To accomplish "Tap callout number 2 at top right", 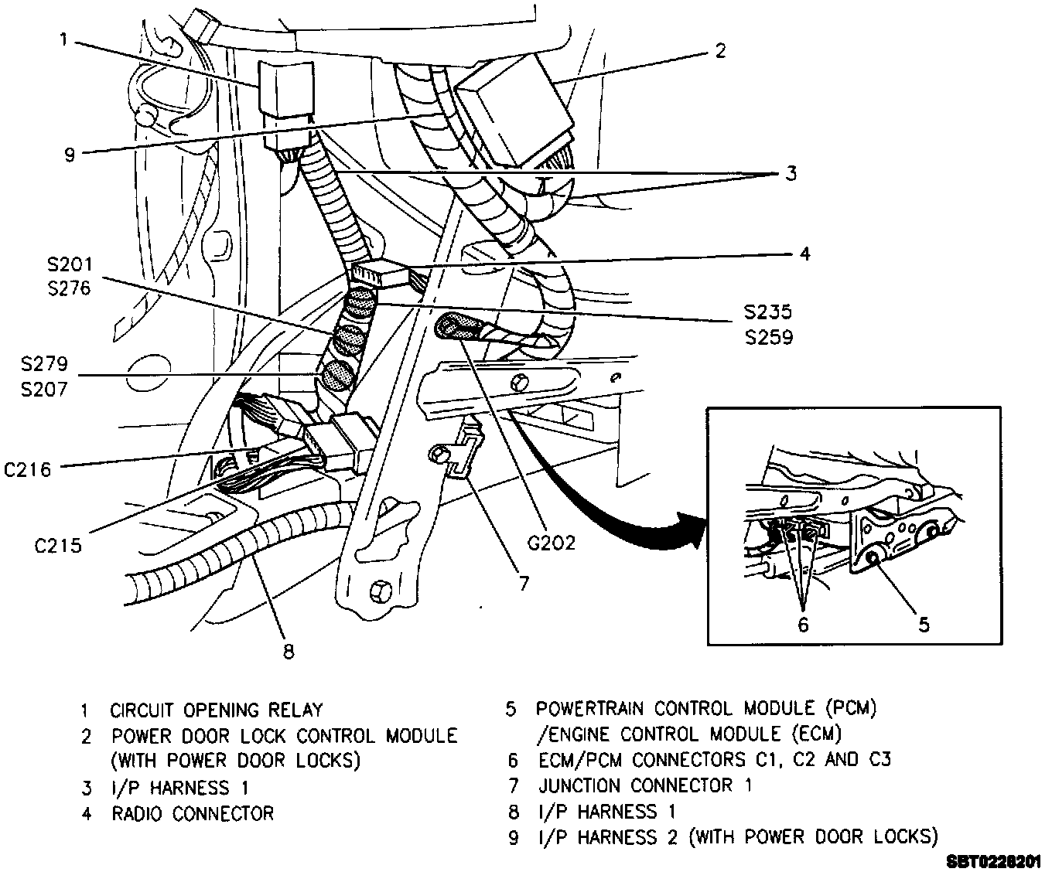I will pyautogui.click(x=720, y=51).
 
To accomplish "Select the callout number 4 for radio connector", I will pyautogui.click(x=805, y=253).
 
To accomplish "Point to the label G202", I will pyautogui.click(x=552, y=543).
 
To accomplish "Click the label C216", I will pyautogui.click(x=27, y=468).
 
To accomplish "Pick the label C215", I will pyautogui.click(x=58, y=546).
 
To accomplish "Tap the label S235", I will pyautogui.click(x=767, y=312).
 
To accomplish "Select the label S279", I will pyautogui.click(x=45, y=364).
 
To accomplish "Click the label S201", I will pyautogui.click(x=68, y=265).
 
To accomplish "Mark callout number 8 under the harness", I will pyautogui.click(x=289, y=652).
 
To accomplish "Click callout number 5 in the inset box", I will pyautogui.click(x=924, y=624).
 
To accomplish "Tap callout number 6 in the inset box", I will pyautogui.click(x=803, y=624).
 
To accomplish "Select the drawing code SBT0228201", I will pyautogui.click(x=992, y=860).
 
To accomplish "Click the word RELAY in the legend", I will pyautogui.click(x=295, y=710).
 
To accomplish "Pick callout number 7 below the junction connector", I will pyautogui.click(x=524, y=582).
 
